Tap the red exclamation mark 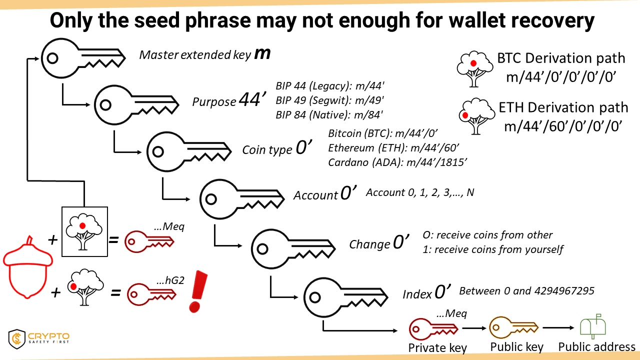pyautogui.click(x=198, y=291)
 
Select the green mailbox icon pyautogui.click(x=593, y=326)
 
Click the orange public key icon pyautogui.click(x=513, y=327)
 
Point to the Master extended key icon pyautogui.click(x=83, y=58)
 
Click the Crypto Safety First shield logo pyautogui.click(x=17, y=339)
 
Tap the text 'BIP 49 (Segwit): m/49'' pyautogui.click(x=329, y=100)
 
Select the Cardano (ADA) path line pyautogui.click(x=397, y=162)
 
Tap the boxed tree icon pyautogui.click(x=84, y=231)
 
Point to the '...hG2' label pyautogui.click(x=170, y=280)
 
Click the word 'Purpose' pyautogui.click(x=214, y=101)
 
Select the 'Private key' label pyautogui.click(x=437, y=347)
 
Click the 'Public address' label pyautogui.click(x=596, y=347)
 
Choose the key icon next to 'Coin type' pyautogui.click(x=188, y=151)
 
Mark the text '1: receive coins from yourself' pyautogui.click(x=493, y=249)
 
